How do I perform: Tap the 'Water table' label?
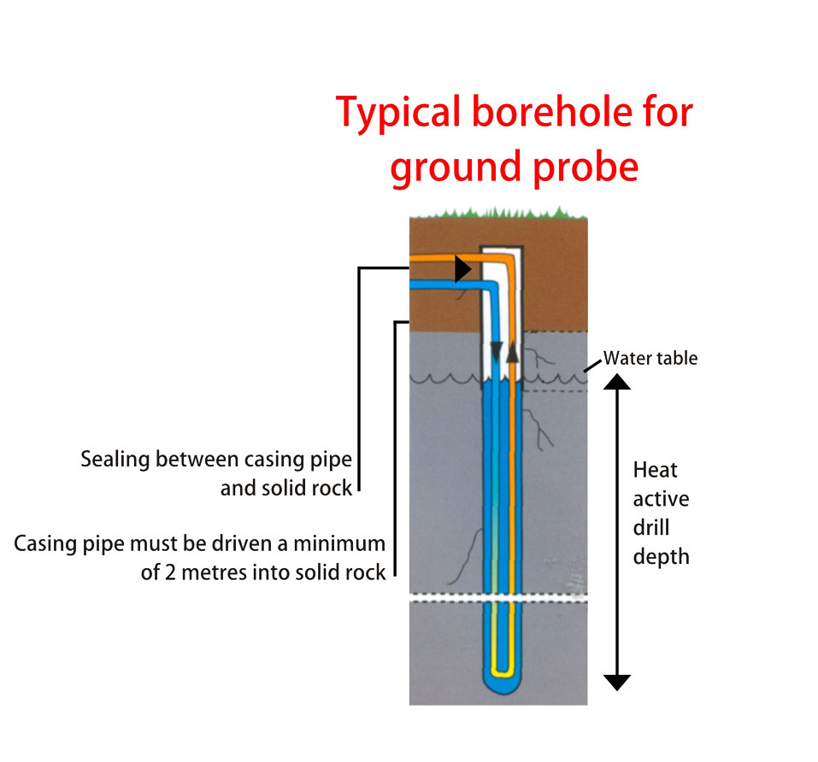tap(650, 358)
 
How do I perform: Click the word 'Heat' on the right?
tap(655, 470)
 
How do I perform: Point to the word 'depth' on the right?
tap(661, 557)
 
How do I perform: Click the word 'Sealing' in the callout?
tap(118, 460)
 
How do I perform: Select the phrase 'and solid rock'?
tap(286, 489)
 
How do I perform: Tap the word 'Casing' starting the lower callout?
tap(48, 544)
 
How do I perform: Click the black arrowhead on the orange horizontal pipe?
tap(463, 269)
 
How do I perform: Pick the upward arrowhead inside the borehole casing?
tap(512, 352)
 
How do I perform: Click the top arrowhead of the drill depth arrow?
tap(617, 382)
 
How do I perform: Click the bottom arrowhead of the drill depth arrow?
tap(617, 682)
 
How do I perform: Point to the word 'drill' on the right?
tap(651, 529)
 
